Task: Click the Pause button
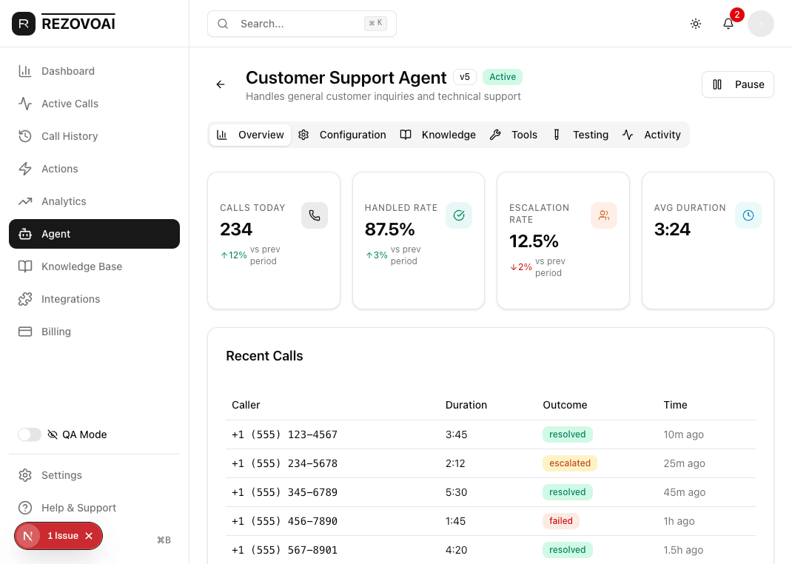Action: point(737,84)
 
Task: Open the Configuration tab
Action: point(343,135)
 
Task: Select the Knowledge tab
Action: point(438,135)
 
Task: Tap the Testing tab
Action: point(581,135)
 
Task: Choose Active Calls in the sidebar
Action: point(70,104)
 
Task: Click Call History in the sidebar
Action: point(70,136)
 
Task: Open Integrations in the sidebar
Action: point(70,299)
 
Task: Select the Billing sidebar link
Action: point(56,332)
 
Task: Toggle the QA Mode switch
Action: point(30,434)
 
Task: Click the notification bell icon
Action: point(728,24)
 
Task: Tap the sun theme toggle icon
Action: point(696,24)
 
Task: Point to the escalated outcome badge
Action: point(570,463)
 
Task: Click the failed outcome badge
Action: point(560,521)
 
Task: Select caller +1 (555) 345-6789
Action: point(284,492)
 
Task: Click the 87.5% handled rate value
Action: point(389,229)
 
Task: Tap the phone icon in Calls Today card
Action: point(315,215)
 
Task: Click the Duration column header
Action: point(466,405)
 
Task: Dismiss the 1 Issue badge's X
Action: point(89,536)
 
